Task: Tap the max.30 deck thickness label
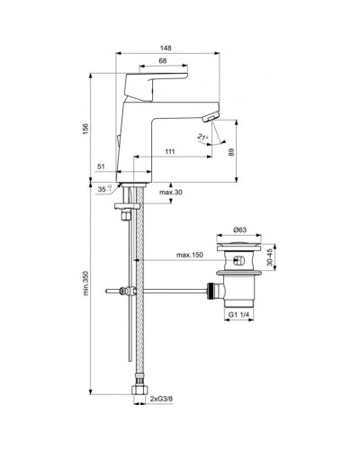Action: coord(172,193)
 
